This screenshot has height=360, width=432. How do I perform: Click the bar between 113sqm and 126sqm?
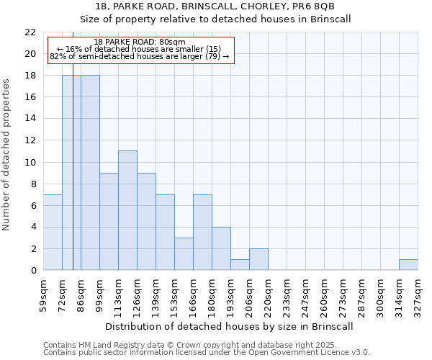coord(127,210)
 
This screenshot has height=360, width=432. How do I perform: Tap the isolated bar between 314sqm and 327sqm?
coord(408,264)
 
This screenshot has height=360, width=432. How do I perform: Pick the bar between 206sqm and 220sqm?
coord(258,259)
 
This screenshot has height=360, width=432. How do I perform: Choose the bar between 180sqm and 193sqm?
coord(221,248)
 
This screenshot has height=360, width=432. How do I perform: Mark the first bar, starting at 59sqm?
coord(53,232)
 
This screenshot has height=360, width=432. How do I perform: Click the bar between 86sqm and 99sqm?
coord(90,173)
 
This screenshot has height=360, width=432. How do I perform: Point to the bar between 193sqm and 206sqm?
coord(240,264)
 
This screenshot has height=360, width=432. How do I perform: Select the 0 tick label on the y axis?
coord(33,271)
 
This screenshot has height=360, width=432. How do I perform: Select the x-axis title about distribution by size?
coord(229,326)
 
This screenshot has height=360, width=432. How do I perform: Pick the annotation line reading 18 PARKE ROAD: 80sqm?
coord(140,42)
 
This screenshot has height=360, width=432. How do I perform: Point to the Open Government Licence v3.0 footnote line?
coord(207,353)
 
